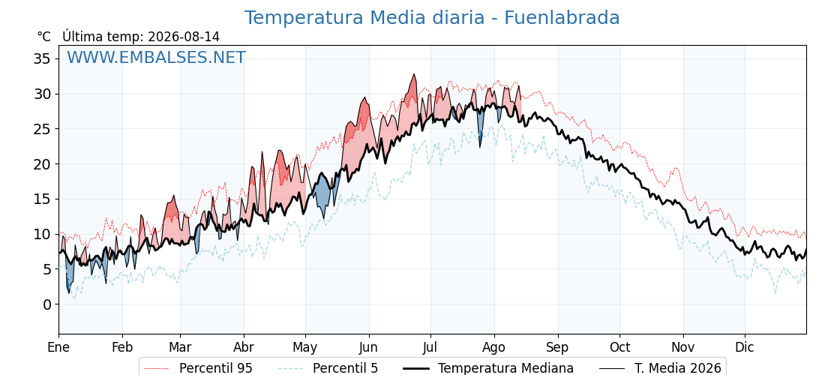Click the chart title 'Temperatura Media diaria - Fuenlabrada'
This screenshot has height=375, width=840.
[x=432, y=18]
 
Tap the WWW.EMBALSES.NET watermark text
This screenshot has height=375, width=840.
[x=156, y=57]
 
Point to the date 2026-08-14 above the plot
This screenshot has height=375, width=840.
[x=184, y=37]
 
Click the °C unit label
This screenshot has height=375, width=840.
[x=44, y=37]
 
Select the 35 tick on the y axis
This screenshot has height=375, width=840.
[x=42, y=58]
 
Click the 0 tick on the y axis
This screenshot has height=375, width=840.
[x=46, y=304]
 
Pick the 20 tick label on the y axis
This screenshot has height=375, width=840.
[x=42, y=164]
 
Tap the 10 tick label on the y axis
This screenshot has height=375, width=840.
[x=42, y=234]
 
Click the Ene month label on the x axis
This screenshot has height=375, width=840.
[x=58, y=347]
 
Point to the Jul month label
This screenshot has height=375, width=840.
[x=430, y=347]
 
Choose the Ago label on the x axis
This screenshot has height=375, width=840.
[x=494, y=347]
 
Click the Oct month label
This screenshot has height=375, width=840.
[x=619, y=347]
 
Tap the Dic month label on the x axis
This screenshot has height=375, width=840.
[x=745, y=347]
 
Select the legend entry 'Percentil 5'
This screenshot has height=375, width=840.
[x=328, y=368]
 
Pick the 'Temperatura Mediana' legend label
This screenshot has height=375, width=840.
[x=487, y=368]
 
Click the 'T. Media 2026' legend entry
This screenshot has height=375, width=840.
[x=660, y=368]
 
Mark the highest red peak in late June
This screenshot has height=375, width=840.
[x=414, y=75]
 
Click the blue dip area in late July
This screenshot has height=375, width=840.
[x=480, y=123]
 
